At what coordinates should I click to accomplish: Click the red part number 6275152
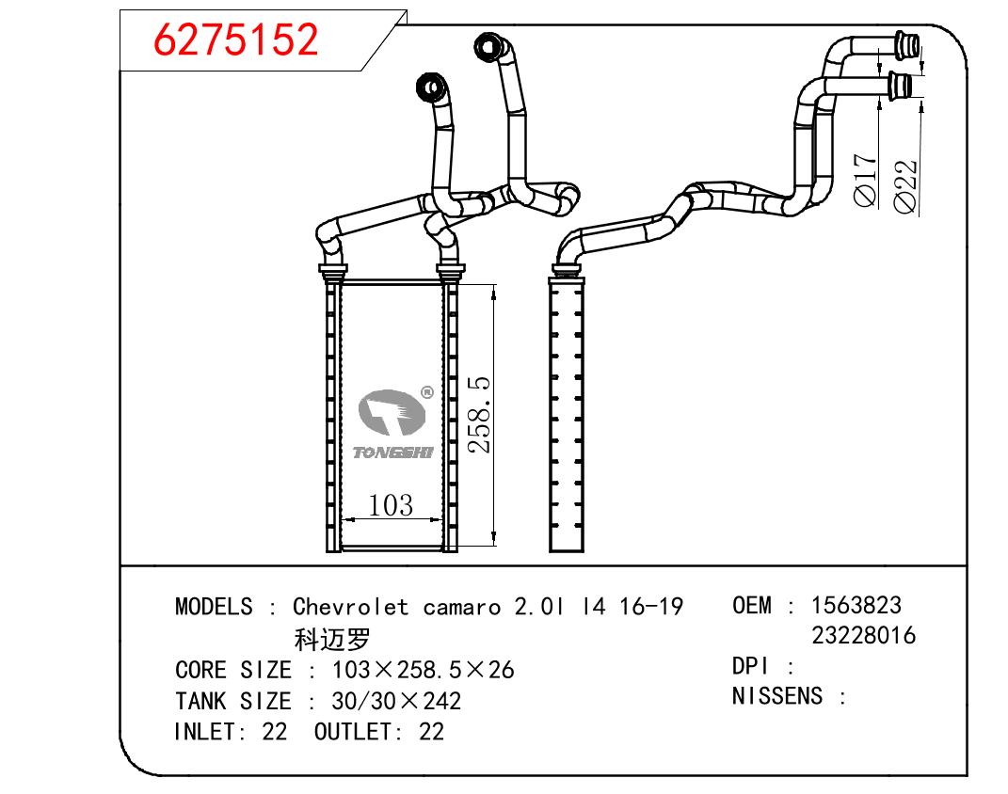(x=235, y=40)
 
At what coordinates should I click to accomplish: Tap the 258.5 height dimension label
(x=480, y=415)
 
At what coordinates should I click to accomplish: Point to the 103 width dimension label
(x=391, y=505)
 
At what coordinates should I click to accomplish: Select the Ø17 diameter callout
(x=865, y=180)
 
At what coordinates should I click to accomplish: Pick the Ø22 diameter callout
(x=905, y=185)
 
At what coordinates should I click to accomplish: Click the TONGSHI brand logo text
(x=392, y=453)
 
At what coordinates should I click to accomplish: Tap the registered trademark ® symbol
(x=427, y=392)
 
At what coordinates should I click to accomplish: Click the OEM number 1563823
(x=856, y=605)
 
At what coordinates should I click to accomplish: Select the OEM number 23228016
(x=863, y=635)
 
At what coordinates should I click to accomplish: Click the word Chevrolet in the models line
(x=350, y=607)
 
